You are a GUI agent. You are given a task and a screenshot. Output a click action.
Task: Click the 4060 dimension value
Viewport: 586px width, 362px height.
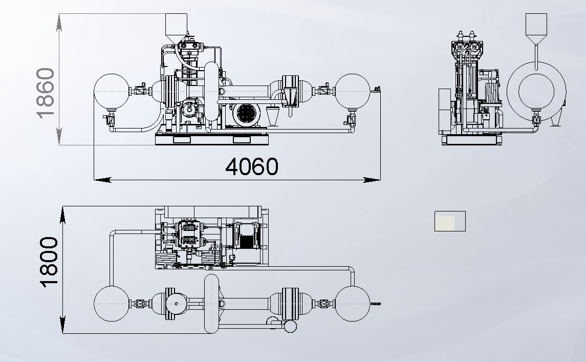252,166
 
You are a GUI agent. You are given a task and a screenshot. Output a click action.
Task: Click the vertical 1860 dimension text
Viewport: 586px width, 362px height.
46,93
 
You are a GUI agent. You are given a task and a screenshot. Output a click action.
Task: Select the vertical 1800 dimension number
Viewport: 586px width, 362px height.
49,262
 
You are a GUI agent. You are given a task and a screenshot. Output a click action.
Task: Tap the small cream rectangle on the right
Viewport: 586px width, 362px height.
450,221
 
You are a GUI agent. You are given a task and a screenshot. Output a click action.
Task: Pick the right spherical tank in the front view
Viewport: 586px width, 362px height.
352,91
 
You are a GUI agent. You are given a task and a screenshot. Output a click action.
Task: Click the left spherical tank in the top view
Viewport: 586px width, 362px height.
112,304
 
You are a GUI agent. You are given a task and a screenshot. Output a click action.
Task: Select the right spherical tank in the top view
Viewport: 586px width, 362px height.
352,304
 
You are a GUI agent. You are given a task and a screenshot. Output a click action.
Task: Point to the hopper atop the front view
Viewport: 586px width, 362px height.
176,28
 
